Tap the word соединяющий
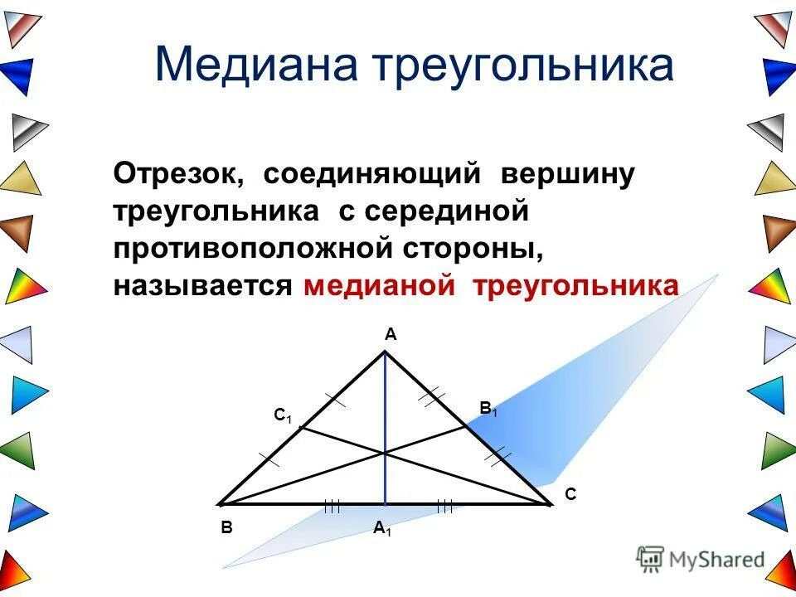372,175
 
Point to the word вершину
567,175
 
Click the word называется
204,284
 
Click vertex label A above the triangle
390,335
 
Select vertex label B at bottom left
226,527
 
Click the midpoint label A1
382,528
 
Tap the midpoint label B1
488,408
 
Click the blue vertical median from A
385,398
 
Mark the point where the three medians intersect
385,452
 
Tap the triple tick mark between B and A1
332,505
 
